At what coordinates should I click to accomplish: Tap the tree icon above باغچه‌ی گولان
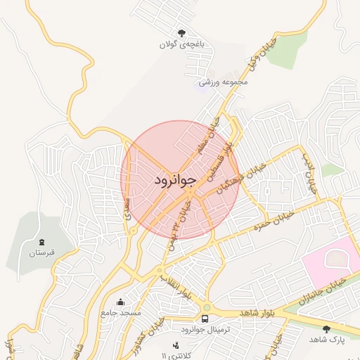pos(182,32)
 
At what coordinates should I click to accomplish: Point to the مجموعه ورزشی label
pos(223,82)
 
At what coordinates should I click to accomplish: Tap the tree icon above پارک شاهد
pos(326,329)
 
